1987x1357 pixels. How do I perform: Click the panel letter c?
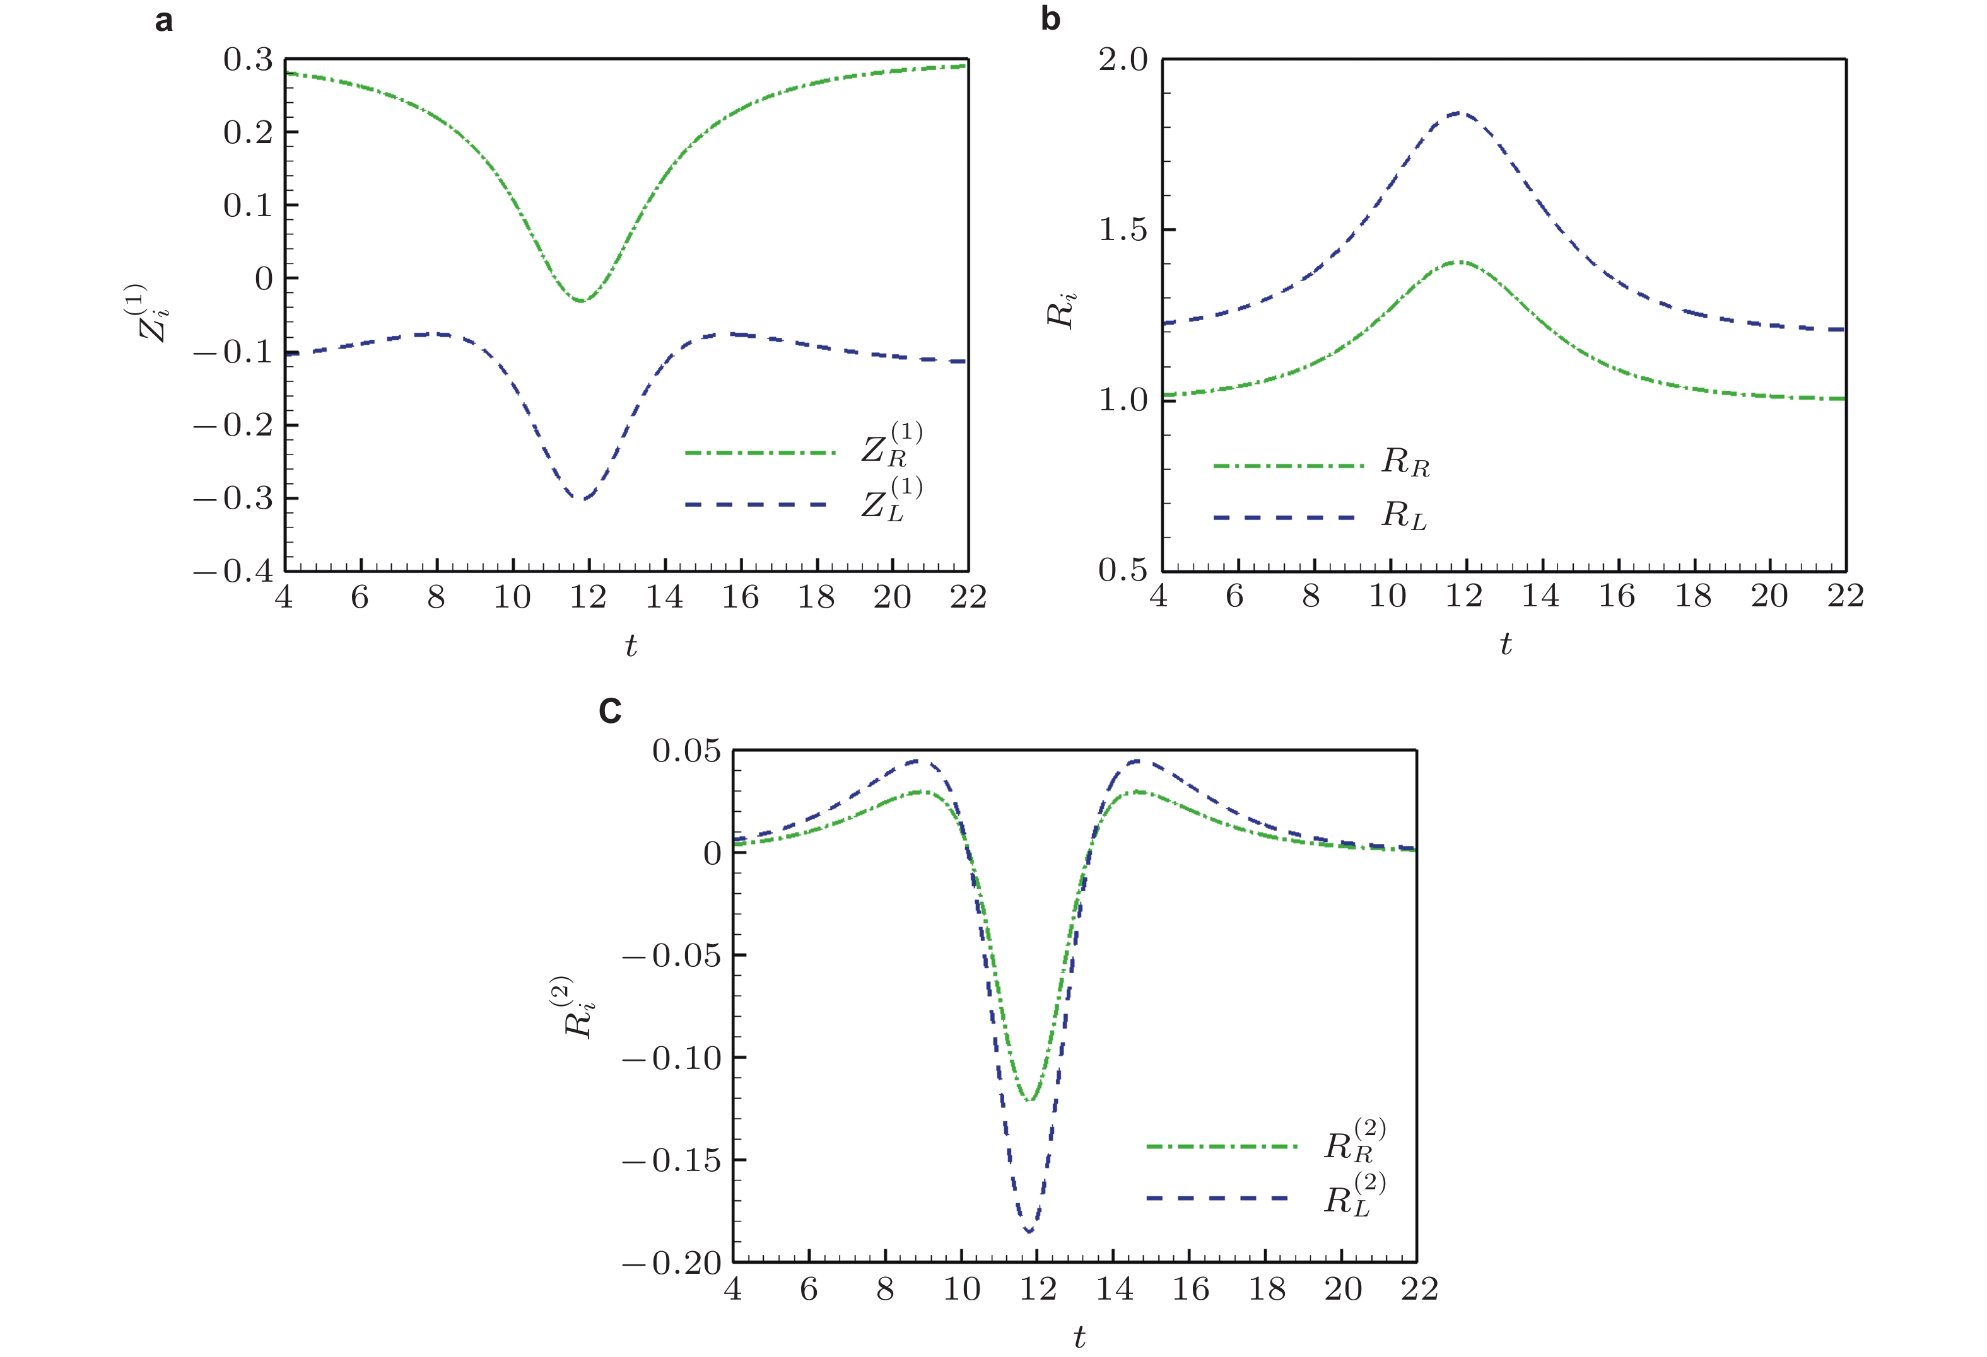pyautogui.click(x=609, y=711)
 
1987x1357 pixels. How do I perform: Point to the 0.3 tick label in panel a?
pyautogui.click(x=248, y=60)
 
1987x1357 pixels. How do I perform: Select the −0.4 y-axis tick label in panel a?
pyautogui.click(x=233, y=571)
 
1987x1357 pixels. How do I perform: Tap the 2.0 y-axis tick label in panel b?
pyautogui.click(x=1123, y=60)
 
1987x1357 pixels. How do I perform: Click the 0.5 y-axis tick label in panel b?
pyautogui.click(x=1123, y=570)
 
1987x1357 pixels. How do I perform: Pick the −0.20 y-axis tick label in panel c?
pyautogui.click(x=672, y=1262)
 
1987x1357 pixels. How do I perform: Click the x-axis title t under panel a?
pyautogui.click(x=630, y=645)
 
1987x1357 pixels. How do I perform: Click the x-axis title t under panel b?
pyautogui.click(x=1506, y=644)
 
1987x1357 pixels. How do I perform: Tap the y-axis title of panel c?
pyautogui.click(x=579, y=1006)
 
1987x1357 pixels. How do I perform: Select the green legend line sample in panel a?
pyautogui.click(x=759, y=452)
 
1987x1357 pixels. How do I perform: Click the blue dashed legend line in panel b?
pyautogui.click(x=1285, y=518)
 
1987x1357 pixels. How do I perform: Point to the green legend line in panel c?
pyautogui.click(x=1222, y=1146)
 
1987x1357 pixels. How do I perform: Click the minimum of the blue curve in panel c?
pyautogui.click(x=1029, y=1232)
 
